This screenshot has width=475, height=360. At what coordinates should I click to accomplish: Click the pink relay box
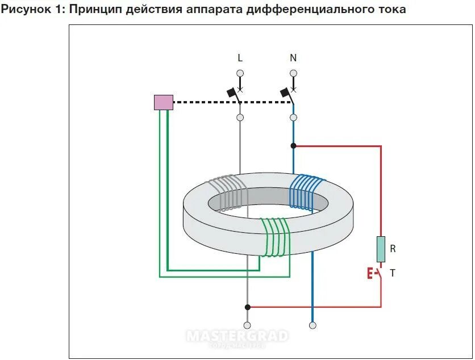click(x=163, y=102)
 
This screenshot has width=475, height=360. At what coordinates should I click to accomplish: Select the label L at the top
click(x=240, y=58)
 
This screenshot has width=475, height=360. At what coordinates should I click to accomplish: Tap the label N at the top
click(x=293, y=58)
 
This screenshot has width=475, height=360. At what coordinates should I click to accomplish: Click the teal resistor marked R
click(x=381, y=249)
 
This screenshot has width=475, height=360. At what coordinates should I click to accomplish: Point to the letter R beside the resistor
click(x=393, y=249)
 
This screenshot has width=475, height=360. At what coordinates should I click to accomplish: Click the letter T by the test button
click(x=392, y=273)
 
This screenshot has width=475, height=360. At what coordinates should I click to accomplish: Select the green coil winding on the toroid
click(x=276, y=237)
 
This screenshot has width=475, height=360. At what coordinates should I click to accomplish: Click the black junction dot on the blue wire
click(x=293, y=146)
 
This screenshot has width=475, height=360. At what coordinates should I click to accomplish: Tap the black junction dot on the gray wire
click(x=247, y=307)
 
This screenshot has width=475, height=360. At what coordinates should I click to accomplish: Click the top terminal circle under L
click(x=240, y=73)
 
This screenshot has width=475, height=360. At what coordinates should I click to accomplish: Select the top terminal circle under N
click(x=293, y=73)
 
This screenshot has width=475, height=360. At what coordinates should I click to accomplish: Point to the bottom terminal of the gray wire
click(x=247, y=325)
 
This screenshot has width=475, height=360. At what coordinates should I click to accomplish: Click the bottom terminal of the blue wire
click(x=312, y=325)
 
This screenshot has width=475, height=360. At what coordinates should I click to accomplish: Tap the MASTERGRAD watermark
click(x=238, y=336)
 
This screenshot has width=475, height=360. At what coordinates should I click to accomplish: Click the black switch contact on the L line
click(x=232, y=92)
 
